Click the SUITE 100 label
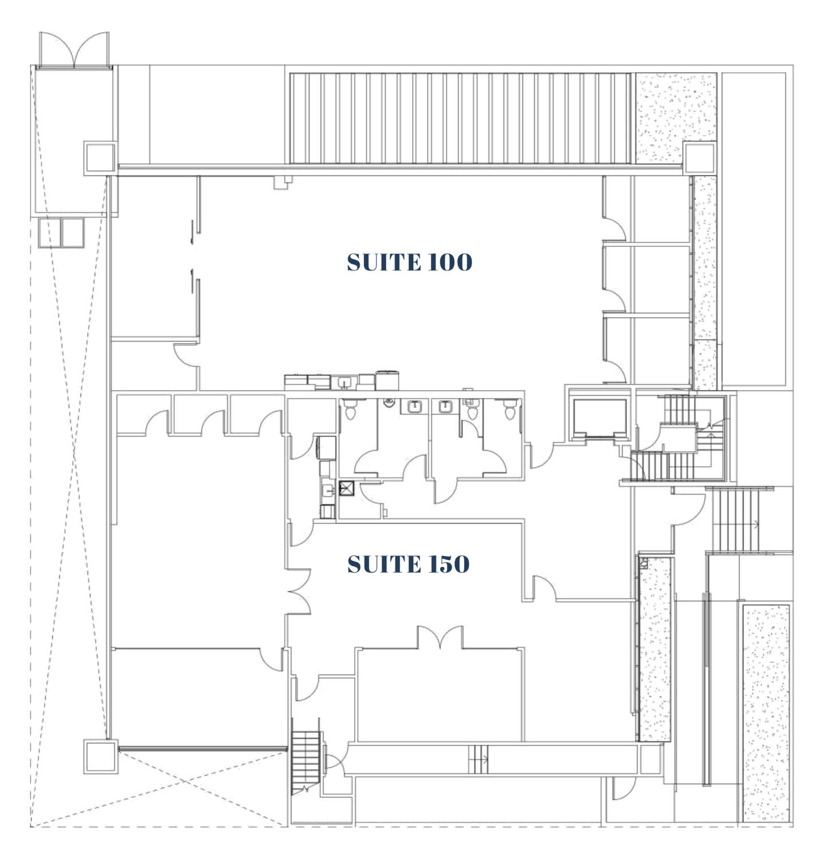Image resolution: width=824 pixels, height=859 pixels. click(409, 262)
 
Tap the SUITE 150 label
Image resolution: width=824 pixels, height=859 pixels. click(409, 564)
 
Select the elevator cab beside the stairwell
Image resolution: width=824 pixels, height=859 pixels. click(599, 417)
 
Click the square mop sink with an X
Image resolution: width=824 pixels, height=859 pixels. click(347, 488)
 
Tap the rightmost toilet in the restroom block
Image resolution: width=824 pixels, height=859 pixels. click(511, 409)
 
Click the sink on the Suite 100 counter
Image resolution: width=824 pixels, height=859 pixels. click(344, 381)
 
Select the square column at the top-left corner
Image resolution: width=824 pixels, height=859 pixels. click(101, 158)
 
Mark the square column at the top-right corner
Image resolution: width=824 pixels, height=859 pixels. click(700, 158)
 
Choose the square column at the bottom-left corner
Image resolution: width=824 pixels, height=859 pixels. click(101, 756)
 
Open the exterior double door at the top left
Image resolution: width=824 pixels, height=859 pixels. click(74, 50)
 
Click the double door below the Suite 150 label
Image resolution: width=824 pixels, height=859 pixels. click(440, 637)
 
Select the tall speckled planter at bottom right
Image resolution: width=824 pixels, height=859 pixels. click(767, 714)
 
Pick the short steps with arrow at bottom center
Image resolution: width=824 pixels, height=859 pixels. click(478, 760)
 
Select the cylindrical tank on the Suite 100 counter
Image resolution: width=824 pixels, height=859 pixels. click(387, 380)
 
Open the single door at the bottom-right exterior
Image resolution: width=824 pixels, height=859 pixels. click(622, 789)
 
